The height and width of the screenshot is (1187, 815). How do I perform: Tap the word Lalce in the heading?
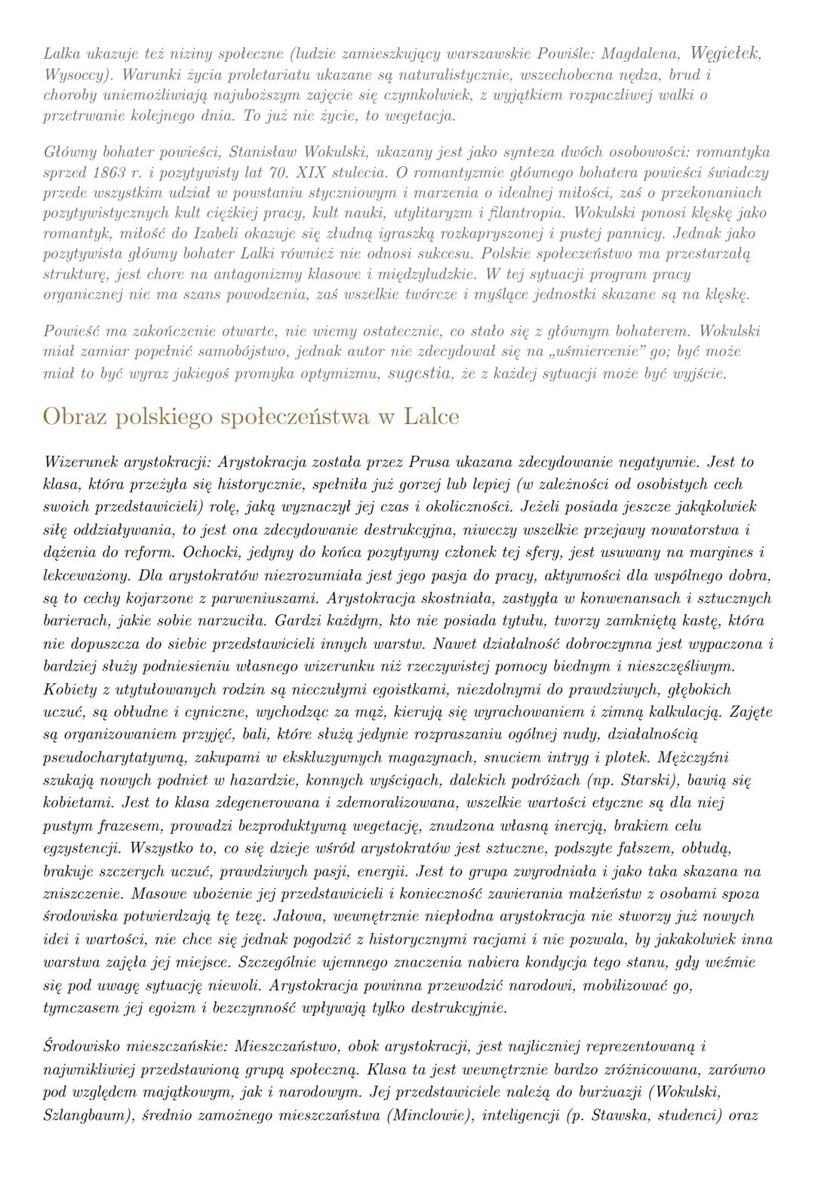(x=431, y=417)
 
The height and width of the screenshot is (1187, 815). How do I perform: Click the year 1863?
(x=109, y=172)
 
